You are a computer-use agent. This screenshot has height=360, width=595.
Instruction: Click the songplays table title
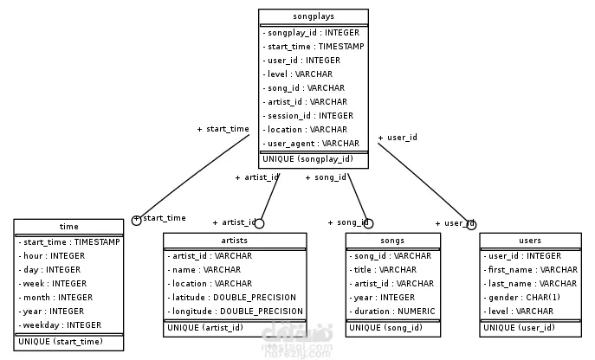[x=313, y=16]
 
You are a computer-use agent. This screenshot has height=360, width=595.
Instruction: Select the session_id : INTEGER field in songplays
[x=309, y=115]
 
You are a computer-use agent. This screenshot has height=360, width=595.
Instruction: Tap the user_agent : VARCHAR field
[x=312, y=143]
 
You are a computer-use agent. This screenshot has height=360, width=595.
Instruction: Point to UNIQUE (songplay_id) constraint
[x=308, y=158]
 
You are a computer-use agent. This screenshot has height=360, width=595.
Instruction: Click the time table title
[x=68, y=227]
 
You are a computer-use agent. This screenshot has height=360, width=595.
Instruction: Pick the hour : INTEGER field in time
[x=51, y=255]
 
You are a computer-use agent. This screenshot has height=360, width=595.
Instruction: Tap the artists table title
[x=235, y=241]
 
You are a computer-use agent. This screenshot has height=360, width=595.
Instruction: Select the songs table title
[x=392, y=241]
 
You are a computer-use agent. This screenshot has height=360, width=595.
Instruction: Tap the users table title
[x=530, y=241]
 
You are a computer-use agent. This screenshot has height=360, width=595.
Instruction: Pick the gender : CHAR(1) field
[x=523, y=297]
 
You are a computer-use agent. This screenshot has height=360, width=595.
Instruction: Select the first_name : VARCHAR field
[x=531, y=269]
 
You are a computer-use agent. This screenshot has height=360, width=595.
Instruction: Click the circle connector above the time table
[x=136, y=220]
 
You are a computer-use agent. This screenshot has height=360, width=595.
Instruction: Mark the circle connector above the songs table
[x=367, y=223]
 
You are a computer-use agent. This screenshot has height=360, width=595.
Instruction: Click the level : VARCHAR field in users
[x=520, y=311]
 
